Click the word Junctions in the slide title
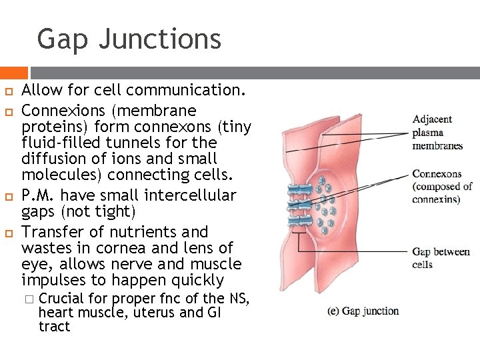(159, 39)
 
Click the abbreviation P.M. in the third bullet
(39, 195)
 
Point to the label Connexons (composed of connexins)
(442, 187)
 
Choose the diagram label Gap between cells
(441, 258)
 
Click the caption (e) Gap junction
(363, 311)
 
